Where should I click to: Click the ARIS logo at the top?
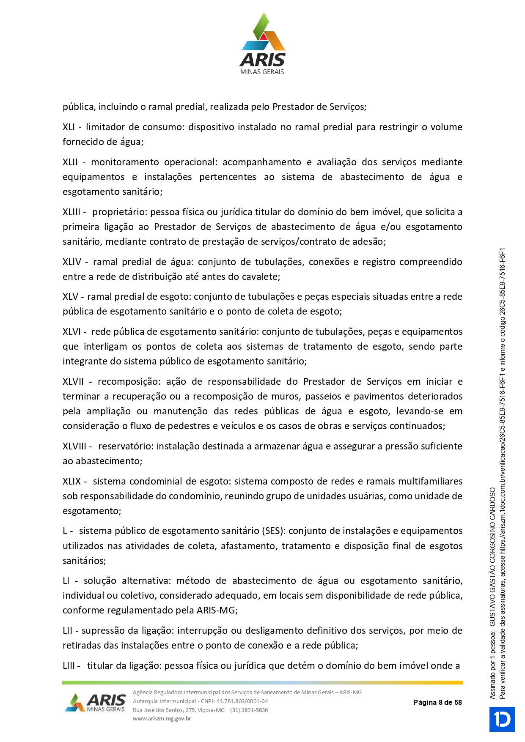click(x=262, y=44)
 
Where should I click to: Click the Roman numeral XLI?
click(x=69, y=127)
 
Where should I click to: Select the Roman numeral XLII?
click(x=70, y=162)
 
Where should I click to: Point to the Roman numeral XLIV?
click(x=71, y=262)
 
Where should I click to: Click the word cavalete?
click(x=261, y=277)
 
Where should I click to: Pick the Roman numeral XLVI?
click(x=71, y=332)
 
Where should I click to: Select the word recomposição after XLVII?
click(x=129, y=382)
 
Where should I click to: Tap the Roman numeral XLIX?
click(x=71, y=482)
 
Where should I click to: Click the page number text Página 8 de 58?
click(x=437, y=703)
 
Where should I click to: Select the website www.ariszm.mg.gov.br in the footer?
click(x=162, y=718)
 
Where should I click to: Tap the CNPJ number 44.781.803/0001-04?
click(x=242, y=701)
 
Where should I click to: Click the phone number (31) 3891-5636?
click(x=249, y=710)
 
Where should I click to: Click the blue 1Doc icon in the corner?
click(x=502, y=719)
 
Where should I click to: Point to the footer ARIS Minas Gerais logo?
click(x=96, y=703)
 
